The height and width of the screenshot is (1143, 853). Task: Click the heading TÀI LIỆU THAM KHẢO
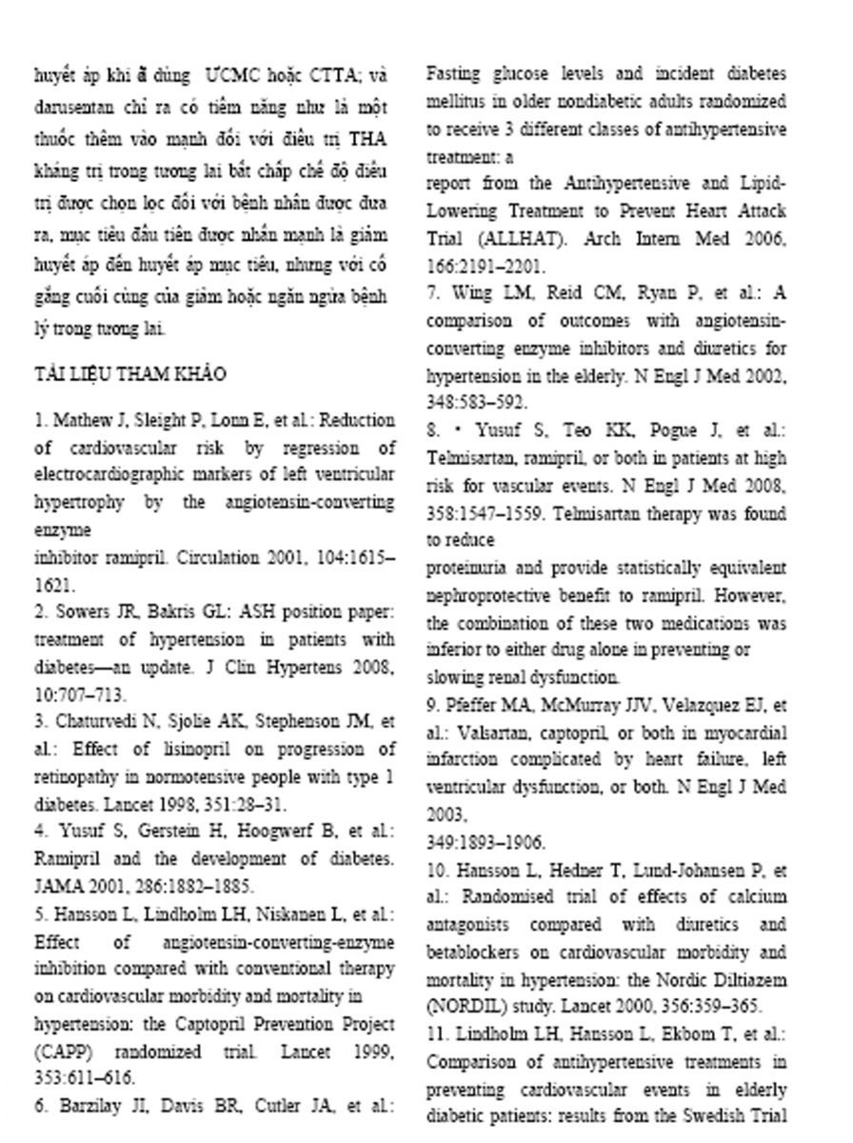[x=129, y=374]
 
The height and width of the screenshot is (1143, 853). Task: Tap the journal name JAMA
[x=58, y=886]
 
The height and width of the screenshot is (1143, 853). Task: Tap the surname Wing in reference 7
[x=472, y=293]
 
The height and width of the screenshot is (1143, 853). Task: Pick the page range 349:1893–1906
[x=486, y=843]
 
